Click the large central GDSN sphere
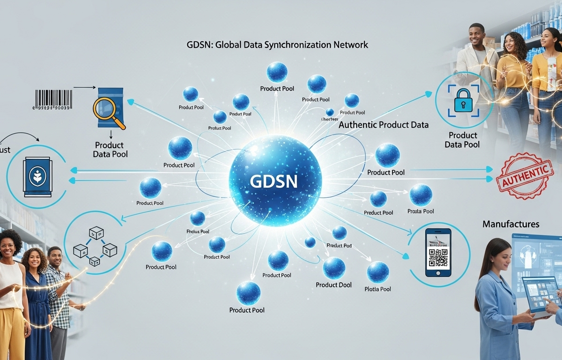tap(275, 181)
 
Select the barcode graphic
tap(52, 99)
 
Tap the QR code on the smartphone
tap(437, 258)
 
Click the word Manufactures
tap(510, 225)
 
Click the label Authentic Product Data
tap(383, 125)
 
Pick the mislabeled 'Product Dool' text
tap(334, 285)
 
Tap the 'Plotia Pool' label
tap(377, 289)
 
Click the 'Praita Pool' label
tap(421, 211)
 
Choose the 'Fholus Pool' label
tap(198, 231)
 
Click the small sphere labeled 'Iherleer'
tap(330, 112)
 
